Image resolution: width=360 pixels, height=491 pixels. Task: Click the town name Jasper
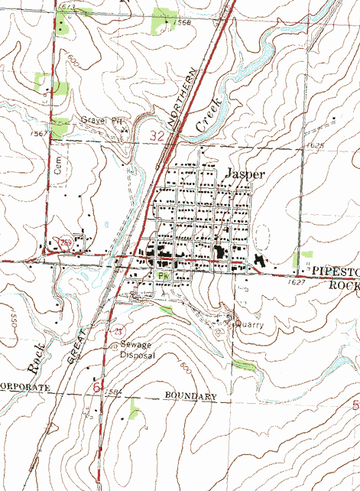[245, 174]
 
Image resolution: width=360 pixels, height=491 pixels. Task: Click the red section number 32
[158, 136]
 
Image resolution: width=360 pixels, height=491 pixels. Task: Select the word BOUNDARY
[191, 396]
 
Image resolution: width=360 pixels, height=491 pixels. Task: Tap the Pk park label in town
[161, 275]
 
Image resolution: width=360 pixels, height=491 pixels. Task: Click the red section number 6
[96, 388]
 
